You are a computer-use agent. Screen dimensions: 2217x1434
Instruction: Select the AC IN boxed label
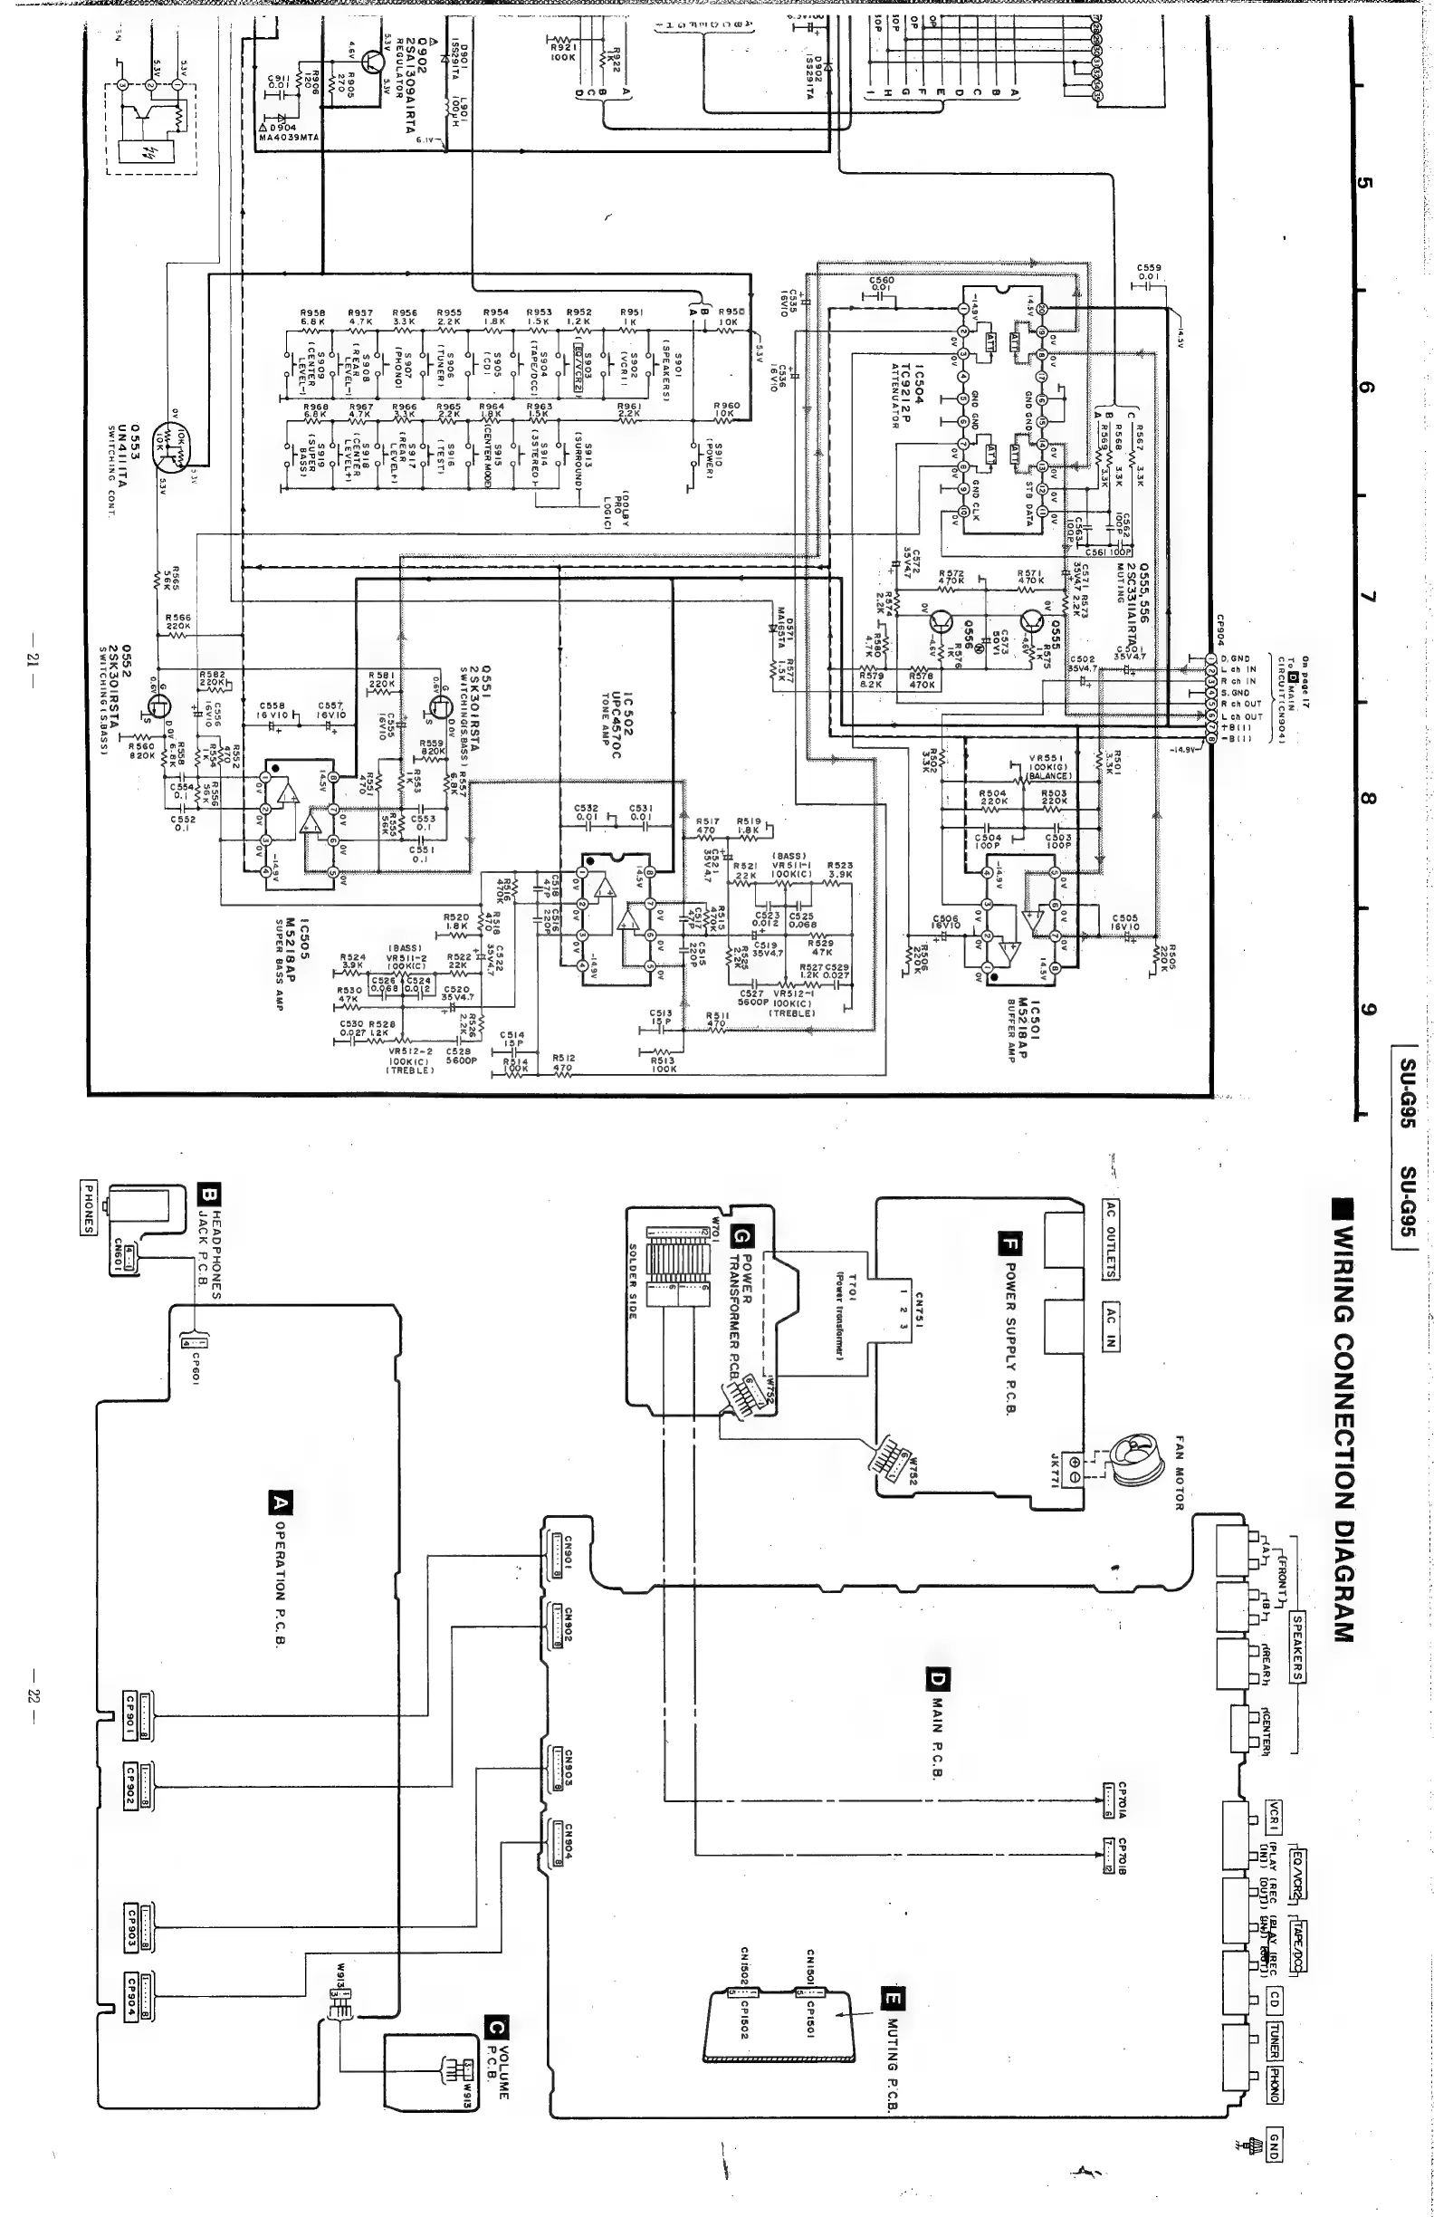(1111, 1327)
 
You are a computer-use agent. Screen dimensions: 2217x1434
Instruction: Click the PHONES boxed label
(88, 1207)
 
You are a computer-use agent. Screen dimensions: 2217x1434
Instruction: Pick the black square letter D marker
(936, 1680)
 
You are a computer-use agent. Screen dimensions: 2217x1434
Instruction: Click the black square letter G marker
(741, 1236)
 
